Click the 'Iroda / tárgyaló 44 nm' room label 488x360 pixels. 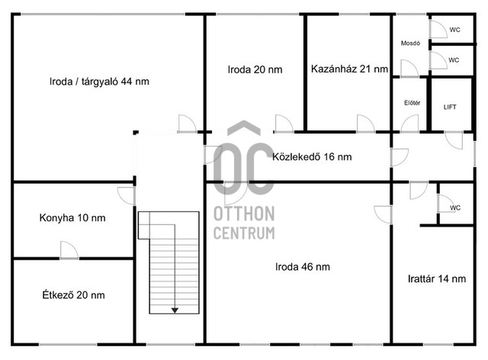[99, 82]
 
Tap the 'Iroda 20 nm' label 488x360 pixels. [255, 69]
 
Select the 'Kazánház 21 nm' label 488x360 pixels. [349, 69]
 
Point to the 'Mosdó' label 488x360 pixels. [410, 43]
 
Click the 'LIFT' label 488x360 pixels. [450, 107]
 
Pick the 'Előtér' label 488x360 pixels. [412, 103]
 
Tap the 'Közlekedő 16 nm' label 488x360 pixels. [312, 156]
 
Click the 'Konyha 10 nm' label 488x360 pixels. [72, 217]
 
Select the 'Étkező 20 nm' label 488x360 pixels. [73, 294]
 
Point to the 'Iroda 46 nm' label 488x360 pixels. [303, 267]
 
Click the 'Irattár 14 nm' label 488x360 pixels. [437, 278]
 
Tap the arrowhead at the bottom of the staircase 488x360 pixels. [175, 310]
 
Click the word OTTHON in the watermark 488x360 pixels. [244, 214]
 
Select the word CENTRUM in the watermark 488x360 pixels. [244, 233]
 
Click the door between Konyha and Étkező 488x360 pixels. [69, 250]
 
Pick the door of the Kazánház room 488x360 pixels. [366, 124]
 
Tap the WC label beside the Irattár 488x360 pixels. [454, 207]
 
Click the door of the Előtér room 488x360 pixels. [409, 124]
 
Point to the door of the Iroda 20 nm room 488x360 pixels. [284, 124]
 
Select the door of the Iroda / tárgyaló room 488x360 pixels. [187, 124]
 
